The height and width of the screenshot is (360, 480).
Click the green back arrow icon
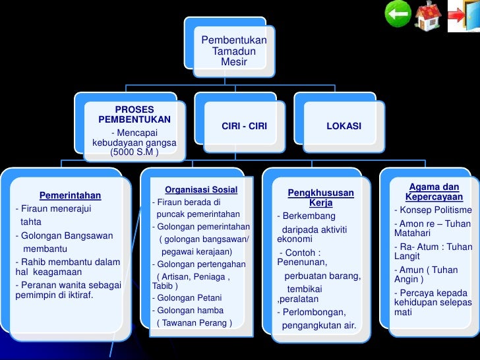tap(398, 14)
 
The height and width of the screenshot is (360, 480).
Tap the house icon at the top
tap(428, 15)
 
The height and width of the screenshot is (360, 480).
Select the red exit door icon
tap(464, 16)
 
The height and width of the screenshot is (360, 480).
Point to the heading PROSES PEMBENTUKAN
tap(135, 115)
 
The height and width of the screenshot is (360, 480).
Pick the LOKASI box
tap(344, 126)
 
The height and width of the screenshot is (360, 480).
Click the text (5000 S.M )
tap(135, 152)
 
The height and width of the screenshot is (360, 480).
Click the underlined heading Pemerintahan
tap(70, 195)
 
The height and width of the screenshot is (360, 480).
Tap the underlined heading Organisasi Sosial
tap(200, 190)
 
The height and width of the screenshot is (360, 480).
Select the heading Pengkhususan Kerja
tap(320, 198)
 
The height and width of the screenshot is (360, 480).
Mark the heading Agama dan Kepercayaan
tap(434, 192)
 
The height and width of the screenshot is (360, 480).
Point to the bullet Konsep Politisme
tap(433, 210)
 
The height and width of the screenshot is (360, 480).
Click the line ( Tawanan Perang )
tap(195, 322)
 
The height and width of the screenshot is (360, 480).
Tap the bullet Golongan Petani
tap(187, 297)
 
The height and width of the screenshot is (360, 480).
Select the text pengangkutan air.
tap(318, 325)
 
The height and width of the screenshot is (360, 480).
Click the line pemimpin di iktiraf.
tap(54, 295)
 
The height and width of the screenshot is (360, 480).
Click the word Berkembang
tap(308, 216)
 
